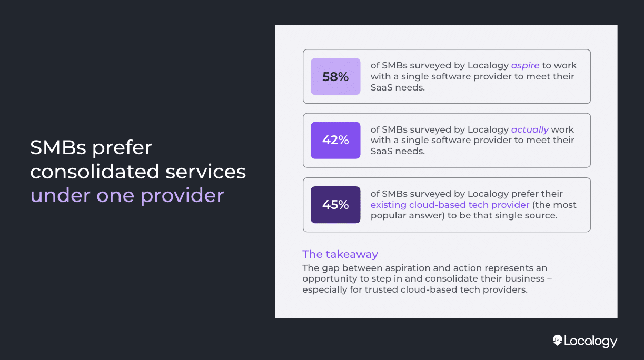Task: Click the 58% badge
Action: tap(335, 76)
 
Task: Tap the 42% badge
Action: tap(335, 140)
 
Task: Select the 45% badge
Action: tap(335, 205)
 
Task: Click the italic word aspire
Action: tap(525, 66)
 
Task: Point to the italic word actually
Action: tap(530, 129)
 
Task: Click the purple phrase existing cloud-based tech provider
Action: tap(450, 205)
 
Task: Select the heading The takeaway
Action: tap(340, 254)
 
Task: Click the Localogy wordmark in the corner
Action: tap(590, 341)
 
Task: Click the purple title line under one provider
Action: tap(127, 195)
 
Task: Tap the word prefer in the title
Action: tap(122, 148)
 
